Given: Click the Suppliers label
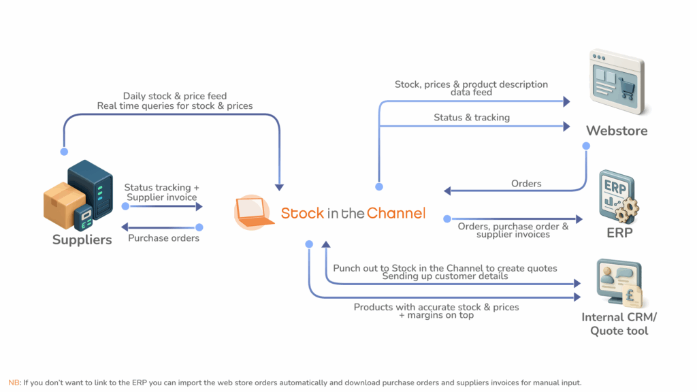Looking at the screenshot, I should pyautogui.click(x=82, y=240).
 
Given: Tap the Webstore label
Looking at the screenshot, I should pyautogui.click(x=617, y=130).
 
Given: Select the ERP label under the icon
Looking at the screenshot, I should pyautogui.click(x=619, y=233).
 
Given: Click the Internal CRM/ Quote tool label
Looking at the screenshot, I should pyautogui.click(x=619, y=324).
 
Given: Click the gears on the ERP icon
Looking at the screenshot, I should pyautogui.click(x=626, y=209).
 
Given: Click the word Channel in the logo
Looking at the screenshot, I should pyautogui.click(x=395, y=213).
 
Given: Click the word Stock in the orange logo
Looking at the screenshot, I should pyautogui.click(x=302, y=213).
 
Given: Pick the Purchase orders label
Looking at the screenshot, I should pyautogui.click(x=163, y=238).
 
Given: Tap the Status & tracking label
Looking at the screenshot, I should pyautogui.click(x=472, y=118).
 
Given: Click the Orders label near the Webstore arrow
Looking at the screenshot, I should pyautogui.click(x=526, y=184).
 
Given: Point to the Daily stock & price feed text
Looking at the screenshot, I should pyautogui.click(x=175, y=96).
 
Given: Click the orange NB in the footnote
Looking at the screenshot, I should pyautogui.click(x=14, y=382).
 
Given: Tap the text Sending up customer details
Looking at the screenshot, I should pyautogui.click(x=444, y=276).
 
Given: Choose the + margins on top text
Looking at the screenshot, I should pyautogui.click(x=436, y=315).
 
